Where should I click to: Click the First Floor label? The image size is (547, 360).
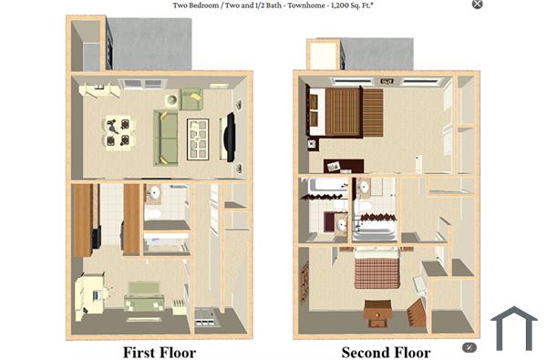pos(159,352)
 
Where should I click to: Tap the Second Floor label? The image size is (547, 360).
pos(387,352)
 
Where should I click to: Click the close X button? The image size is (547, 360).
pos(478,5)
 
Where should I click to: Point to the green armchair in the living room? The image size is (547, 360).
pos(191,98)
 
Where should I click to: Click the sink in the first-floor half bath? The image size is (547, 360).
pos(154,194)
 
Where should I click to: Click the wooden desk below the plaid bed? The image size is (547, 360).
pos(377,313)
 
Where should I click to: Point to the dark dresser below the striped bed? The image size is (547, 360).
pos(344,166)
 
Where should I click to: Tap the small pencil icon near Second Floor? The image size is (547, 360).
pos(470,347)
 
